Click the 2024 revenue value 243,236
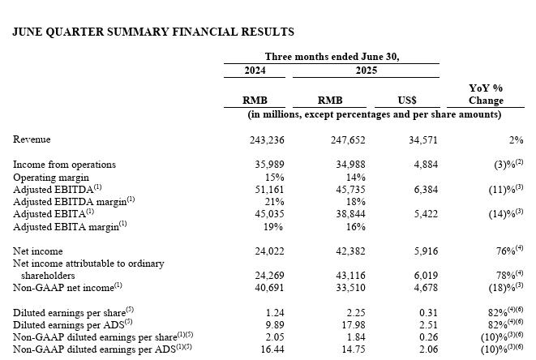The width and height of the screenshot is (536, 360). [x=267, y=140]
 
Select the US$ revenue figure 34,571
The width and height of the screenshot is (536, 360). [x=423, y=140]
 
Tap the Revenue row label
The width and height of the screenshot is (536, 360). [x=32, y=139]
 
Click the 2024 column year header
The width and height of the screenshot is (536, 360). [x=255, y=71]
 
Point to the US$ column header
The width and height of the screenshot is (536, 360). [x=407, y=101]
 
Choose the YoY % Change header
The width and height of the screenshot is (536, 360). [x=486, y=94]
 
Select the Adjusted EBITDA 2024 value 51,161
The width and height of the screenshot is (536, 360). [x=269, y=190]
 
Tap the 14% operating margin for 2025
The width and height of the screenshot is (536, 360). [x=355, y=178]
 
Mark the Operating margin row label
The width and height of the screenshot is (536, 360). [x=51, y=178]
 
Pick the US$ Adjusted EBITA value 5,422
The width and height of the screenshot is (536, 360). [x=426, y=214]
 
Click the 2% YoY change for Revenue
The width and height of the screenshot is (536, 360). [x=517, y=140]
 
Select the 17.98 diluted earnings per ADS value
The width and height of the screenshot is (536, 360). [x=354, y=325]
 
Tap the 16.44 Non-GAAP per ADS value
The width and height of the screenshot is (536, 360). [x=272, y=349]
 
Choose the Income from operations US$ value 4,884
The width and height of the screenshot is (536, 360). [x=426, y=165]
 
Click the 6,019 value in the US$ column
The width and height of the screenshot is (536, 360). [x=426, y=276]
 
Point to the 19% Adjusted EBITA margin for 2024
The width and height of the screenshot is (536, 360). [x=273, y=227]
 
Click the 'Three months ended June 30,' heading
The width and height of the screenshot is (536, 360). [x=332, y=57]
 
